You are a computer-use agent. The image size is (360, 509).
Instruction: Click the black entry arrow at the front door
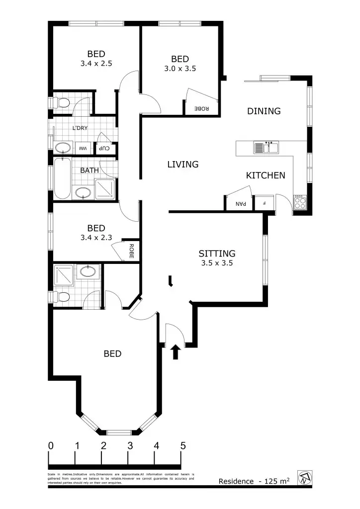click(x=175, y=352)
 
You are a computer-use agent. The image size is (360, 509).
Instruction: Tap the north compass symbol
click(x=304, y=478)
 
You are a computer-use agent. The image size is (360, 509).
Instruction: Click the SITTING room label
click(x=217, y=254)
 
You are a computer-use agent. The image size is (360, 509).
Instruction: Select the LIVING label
click(x=183, y=164)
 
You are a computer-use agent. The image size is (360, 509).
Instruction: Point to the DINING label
click(x=264, y=111)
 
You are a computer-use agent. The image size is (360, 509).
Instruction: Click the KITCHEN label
click(x=266, y=175)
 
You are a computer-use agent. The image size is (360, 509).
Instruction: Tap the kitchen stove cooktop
click(x=300, y=202)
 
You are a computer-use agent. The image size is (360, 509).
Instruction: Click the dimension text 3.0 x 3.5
click(x=180, y=69)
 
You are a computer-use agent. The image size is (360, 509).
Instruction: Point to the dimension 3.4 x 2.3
click(x=96, y=238)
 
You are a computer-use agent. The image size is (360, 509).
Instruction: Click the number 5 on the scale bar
click(x=183, y=446)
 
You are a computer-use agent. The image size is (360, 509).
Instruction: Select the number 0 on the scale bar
click(x=51, y=446)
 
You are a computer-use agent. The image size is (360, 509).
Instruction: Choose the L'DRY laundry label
click(x=80, y=128)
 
